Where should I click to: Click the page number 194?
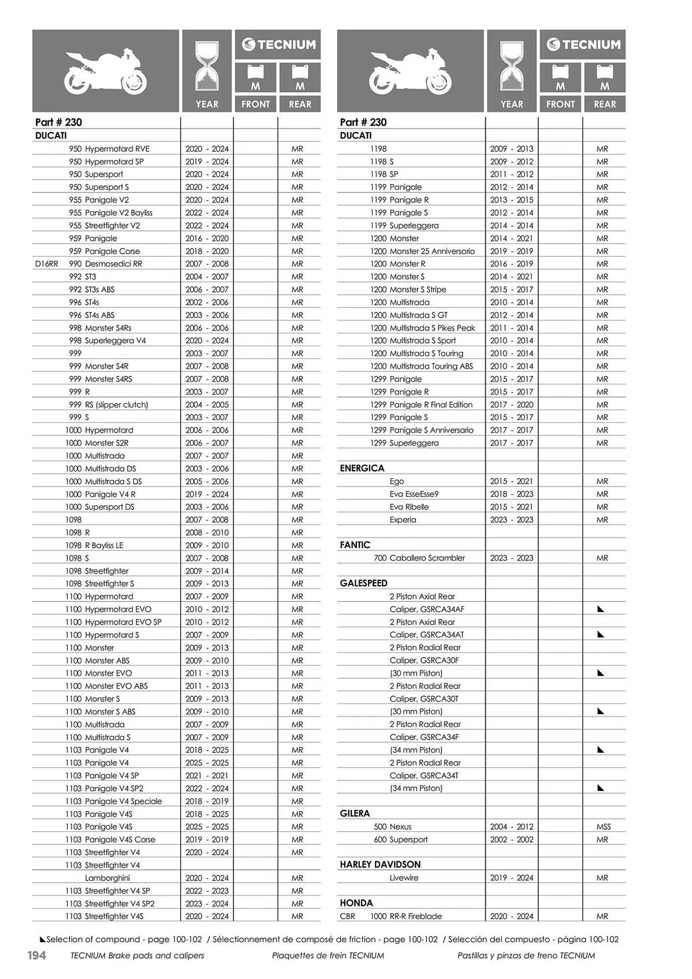(x=36, y=955)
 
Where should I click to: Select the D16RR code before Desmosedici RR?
(x=46, y=264)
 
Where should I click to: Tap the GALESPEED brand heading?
(x=363, y=583)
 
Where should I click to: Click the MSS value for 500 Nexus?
(x=603, y=826)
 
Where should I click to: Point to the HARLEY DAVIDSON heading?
(x=380, y=864)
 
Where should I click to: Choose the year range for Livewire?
(x=511, y=878)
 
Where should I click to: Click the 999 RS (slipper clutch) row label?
(x=109, y=404)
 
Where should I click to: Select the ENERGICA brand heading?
(x=362, y=468)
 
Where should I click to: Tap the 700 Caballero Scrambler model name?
(x=419, y=558)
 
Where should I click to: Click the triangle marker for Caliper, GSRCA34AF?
(x=601, y=609)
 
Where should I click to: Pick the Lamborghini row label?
(x=107, y=878)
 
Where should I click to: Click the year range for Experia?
(x=511, y=519)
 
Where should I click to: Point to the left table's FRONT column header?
(x=255, y=104)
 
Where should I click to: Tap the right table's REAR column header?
(x=604, y=104)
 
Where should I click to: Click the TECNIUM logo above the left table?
(x=278, y=45)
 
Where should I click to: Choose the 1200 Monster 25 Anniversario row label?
(x=422, y=251)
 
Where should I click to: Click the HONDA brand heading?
(x=356, y=903)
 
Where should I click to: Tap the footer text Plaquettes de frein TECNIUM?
(x=327, y=955)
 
